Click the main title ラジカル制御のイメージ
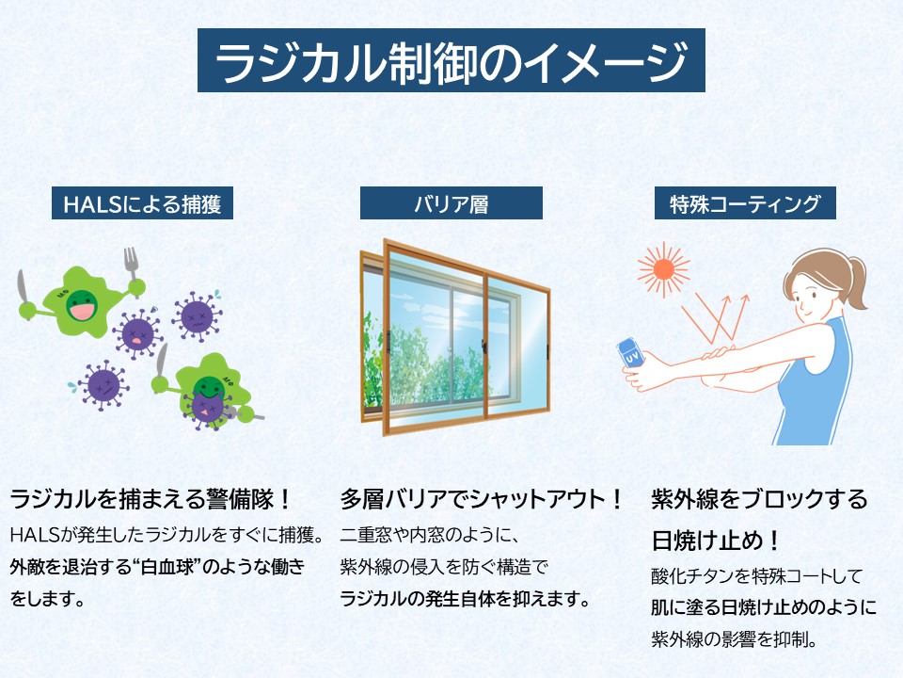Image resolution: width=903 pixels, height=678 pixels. (451, 60)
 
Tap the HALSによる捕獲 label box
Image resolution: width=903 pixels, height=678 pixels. (142, 203)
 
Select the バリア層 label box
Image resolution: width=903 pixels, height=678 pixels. (451, 203)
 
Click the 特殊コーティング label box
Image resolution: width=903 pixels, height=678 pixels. (745, 203)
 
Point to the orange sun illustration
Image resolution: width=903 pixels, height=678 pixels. (663, 268)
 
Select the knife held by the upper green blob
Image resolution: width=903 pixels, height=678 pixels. (23, 288)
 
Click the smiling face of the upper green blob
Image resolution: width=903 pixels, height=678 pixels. (82, 305)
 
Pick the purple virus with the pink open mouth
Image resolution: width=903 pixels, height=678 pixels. (137, 333)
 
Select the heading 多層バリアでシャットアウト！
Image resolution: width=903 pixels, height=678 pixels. (482, 499)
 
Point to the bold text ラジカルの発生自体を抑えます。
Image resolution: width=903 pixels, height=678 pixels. (466, 599)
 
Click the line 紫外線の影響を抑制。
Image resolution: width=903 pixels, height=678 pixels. (734, 638)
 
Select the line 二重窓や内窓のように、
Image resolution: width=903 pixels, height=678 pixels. (430, 535)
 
